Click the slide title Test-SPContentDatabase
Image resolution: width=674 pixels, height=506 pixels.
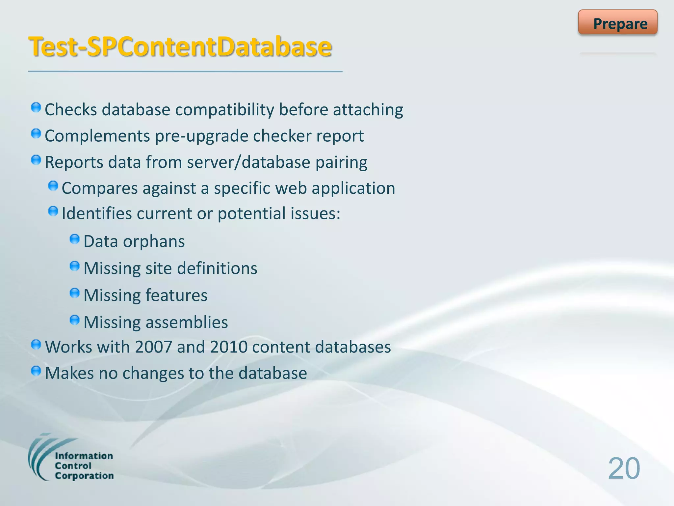180,47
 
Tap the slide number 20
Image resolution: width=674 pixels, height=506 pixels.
624,468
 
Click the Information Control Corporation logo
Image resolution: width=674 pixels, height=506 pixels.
71,458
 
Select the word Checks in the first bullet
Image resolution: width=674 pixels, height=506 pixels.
71,110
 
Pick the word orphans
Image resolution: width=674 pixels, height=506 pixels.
154,241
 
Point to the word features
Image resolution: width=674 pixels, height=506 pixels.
176,295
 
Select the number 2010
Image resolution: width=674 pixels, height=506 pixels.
229,347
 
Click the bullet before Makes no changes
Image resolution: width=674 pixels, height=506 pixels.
36,371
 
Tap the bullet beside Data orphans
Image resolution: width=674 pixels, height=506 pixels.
75,239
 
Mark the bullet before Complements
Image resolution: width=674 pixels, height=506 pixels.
36,134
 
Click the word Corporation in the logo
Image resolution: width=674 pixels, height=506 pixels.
84,476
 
